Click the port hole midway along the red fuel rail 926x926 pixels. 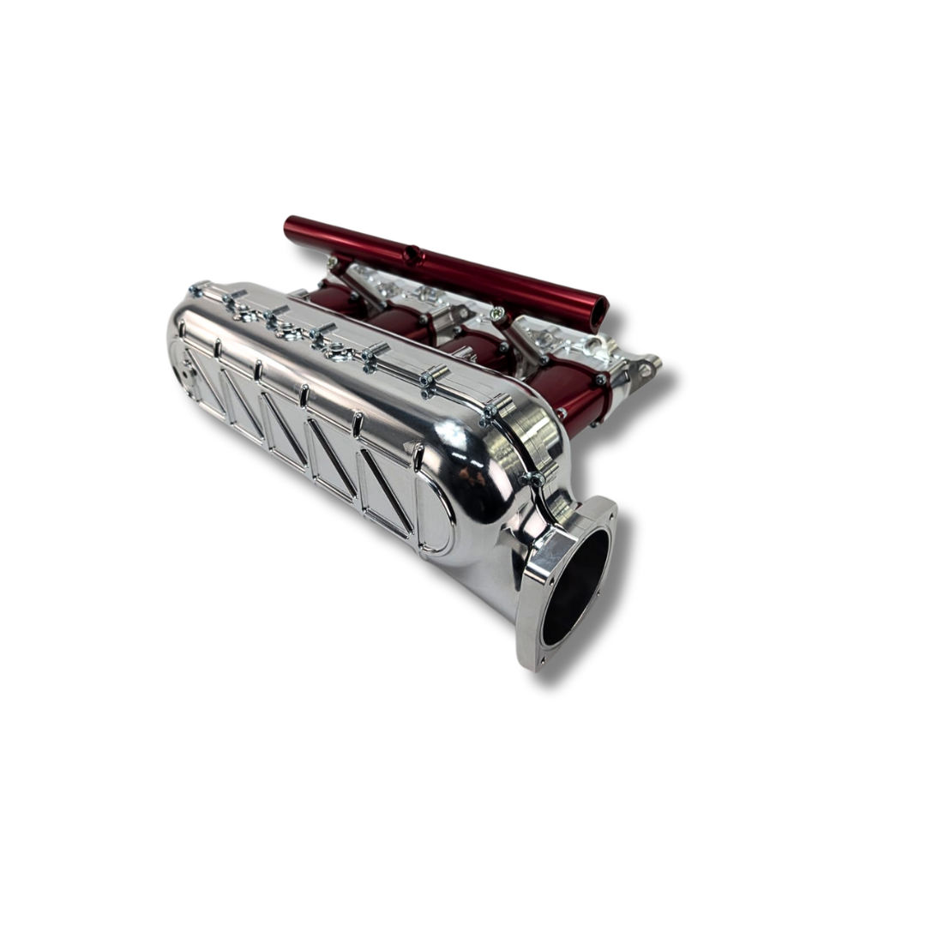coord(413,255)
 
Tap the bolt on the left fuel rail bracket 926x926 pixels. coord(332,258)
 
